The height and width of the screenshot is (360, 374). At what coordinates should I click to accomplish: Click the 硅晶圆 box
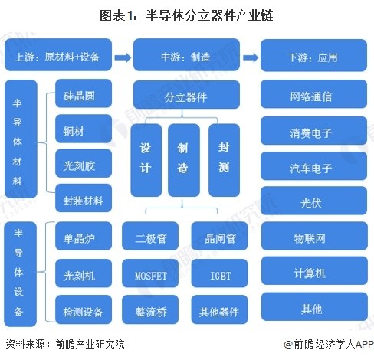click(x=84, y=93)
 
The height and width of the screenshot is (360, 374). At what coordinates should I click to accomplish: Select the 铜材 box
click(x=84, y=129)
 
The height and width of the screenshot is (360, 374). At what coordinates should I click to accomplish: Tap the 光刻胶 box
click(x=84, y=163)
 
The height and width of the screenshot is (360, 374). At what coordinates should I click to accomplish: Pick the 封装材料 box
click(x=84, y=198)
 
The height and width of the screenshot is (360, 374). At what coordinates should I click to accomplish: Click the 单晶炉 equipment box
click(x=84, y=236)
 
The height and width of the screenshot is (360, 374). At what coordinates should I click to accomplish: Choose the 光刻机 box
click(x=84, y=273)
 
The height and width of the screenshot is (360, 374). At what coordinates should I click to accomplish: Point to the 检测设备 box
click(x=84, y=309)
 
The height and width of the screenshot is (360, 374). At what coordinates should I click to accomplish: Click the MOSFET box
click(x=150, y=273)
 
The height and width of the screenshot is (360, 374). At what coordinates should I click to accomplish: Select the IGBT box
click(x=219, y=273)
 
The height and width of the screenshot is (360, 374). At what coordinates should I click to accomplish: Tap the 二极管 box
click(x=150, y=236)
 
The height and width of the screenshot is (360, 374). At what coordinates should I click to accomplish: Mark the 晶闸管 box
click(x=219, y=236)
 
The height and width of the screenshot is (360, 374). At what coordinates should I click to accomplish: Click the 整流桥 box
click(x=150, y=309)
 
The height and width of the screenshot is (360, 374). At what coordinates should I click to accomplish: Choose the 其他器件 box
click(x=219, y=309)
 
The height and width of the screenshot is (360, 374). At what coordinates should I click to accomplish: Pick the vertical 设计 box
click(x=146, y=160)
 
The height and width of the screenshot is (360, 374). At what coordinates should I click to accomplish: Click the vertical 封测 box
click(x=224, y=160)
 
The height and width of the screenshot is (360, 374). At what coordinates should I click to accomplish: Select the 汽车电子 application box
click(x=313, y=166)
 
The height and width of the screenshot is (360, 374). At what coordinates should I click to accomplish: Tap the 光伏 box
click(x=313, y=201)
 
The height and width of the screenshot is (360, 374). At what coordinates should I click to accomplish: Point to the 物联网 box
click(x=314, y=236)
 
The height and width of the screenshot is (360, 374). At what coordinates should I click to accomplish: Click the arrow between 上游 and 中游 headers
click(x=123, y=57)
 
